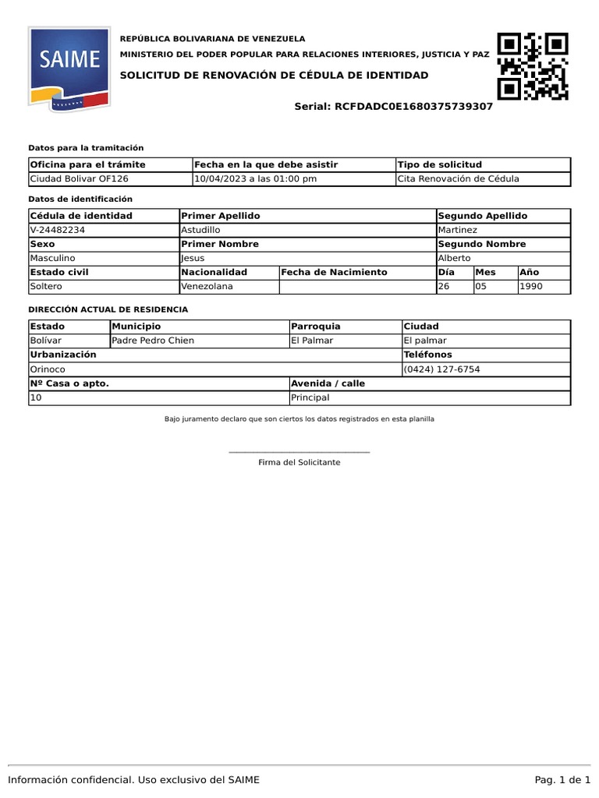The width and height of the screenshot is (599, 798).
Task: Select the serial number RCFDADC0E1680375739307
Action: point(413,106)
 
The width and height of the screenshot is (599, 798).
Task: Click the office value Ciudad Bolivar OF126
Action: point(79,178)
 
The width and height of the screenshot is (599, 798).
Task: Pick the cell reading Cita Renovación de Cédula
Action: point(458,178)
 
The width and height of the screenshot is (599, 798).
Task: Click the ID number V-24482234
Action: point(58,230)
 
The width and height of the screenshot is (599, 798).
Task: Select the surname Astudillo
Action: point(200,230)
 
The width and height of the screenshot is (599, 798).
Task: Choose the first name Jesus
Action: point(194,258)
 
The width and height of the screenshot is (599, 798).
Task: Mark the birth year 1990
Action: point(531,286)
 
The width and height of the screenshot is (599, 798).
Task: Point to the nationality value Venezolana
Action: point(207,286)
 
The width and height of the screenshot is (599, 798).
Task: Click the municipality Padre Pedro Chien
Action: point(153,341)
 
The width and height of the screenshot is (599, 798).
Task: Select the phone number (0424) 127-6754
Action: point(441,369)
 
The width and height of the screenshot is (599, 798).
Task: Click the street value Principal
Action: point(310,397)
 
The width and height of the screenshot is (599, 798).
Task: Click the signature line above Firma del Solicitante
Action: point(299,452)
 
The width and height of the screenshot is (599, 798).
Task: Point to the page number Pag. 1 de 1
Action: point(562,779)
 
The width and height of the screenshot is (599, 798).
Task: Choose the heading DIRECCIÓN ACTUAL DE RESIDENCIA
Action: point(108,309)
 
